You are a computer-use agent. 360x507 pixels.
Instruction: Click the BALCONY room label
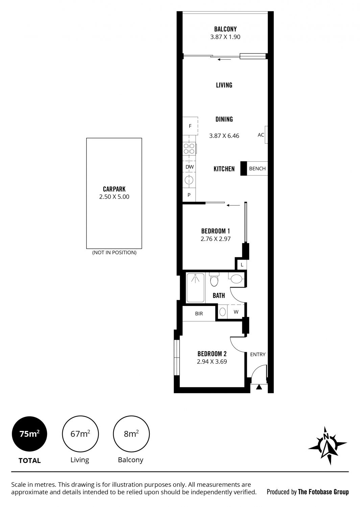pos(225,29)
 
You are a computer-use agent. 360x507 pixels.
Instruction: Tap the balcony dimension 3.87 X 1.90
pos(225,37)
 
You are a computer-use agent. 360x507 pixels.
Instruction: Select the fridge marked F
pos(190,126)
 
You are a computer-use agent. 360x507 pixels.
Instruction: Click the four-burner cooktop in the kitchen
pos(189,148)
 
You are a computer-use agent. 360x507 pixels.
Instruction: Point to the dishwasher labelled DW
pos(189,167)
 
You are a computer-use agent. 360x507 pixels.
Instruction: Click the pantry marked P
pos(189,195)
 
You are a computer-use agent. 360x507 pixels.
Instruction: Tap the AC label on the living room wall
pos(261,135)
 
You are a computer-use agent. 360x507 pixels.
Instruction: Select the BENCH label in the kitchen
pos(257,168)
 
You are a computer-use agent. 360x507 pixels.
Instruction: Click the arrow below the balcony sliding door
pos(224,59)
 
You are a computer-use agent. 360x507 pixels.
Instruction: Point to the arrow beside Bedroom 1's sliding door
pos(233,205)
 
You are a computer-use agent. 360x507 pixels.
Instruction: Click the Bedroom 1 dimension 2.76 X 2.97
pos(216,239)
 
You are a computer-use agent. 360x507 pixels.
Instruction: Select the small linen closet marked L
pos(242,265)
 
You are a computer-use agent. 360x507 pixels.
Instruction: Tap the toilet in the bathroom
pos(214,279)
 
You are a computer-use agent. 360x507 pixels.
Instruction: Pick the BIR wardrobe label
pos(199,313)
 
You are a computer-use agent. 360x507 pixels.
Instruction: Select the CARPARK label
pos(114,189)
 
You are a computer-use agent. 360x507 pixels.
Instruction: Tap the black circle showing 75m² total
pos(29,434)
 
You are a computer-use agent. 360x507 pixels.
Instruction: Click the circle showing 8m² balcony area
pos(131,434)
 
